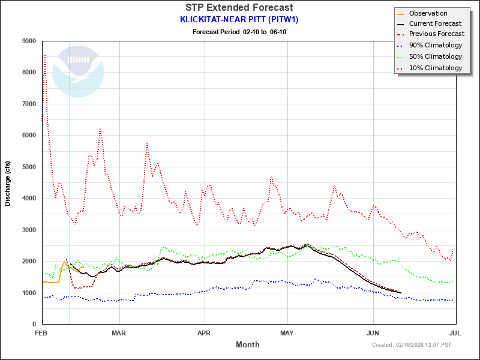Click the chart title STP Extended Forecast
click(x=239, y=8)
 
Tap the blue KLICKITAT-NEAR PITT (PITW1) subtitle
click(x=239, y=19)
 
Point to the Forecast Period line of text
click(x=239, y=31)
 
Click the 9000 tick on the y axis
click(x=28, y=41)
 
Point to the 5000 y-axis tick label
click(x=28, y=167)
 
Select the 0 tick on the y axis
click(x=34, y=325)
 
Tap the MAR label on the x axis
click(x=119, y=333)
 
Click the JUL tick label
click(x=455, y=333)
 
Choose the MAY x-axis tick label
click(x=287, y=333)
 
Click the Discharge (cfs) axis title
click(x=8, y=183)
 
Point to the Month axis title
click(x=248, y=345)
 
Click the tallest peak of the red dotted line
click(x=45, y=55)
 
